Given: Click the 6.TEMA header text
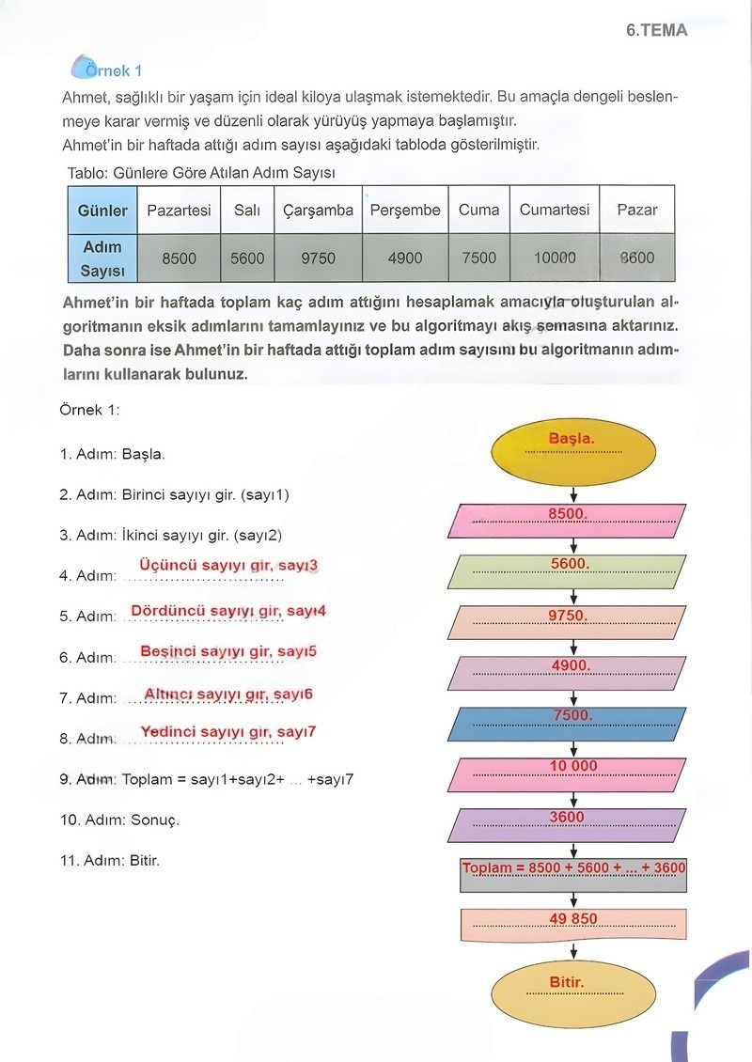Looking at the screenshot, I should coord(656,30).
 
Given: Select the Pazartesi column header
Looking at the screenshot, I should coord(179,211).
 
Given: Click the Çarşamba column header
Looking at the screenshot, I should coord(318,211).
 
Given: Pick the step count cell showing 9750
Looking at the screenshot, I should coord(318,258).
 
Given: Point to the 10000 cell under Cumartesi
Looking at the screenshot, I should coord(555,258).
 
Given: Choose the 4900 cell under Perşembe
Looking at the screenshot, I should coord(405,258).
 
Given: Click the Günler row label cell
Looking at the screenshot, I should coord(102,211).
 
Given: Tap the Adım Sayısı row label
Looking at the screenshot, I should coord(102,258).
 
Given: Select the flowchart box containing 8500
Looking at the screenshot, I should coord(570,520).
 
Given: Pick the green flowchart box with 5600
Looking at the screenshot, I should coord(570,570).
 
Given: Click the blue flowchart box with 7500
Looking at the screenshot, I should coord(570,722).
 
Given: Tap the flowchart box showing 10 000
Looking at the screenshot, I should coord(570,773).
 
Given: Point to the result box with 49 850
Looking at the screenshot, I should coord(573,924).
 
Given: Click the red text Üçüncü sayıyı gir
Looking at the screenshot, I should coord(228,566).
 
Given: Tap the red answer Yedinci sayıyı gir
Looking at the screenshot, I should coord(228,732).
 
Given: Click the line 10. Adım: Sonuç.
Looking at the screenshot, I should coord(119,820).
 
